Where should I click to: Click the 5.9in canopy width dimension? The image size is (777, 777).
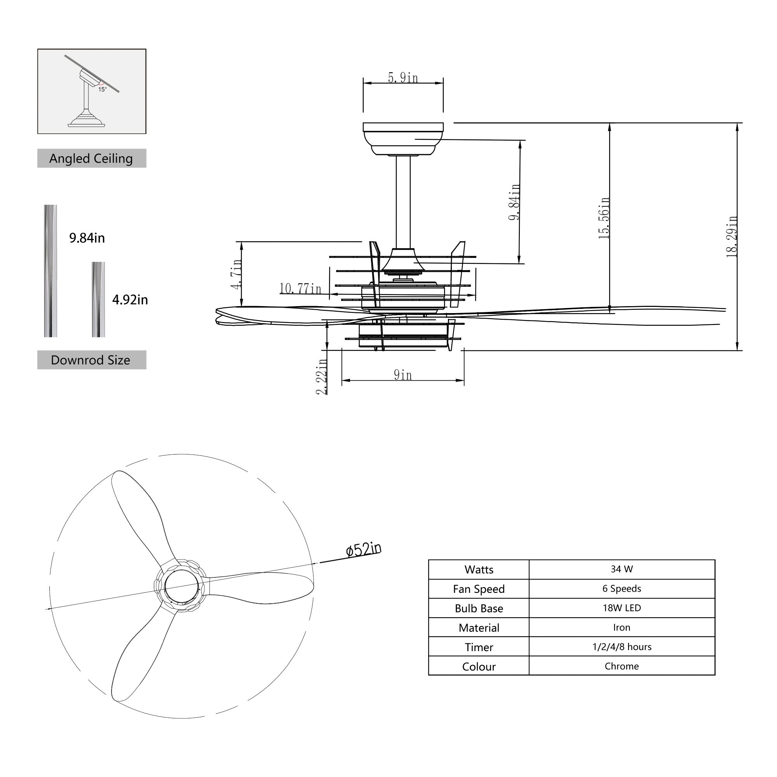tap(402, 78)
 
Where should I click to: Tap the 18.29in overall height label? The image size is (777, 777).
tap(732, 237)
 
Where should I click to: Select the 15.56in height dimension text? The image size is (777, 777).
tap(604, 218)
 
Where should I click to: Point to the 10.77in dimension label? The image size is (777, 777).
tap(300, 288)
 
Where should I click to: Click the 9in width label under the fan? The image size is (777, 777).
tap(402, 375)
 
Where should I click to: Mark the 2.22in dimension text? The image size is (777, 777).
tap(322, 376)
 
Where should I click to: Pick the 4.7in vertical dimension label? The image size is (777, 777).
tap(237, 274)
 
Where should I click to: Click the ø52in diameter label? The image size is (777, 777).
tap(363, 549)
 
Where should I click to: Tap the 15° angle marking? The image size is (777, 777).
tap(102, 89)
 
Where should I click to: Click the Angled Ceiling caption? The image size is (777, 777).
tap(91, 159)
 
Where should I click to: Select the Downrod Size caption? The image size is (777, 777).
tap(91, 360)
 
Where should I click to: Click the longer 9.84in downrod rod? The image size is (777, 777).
tap(51, 271)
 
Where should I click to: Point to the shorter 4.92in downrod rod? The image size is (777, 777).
tap(98, 299)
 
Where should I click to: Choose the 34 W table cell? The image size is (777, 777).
tap(621, 569)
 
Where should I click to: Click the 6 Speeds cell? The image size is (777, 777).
tap(621, 588)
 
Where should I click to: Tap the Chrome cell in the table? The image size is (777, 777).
tap(621, 666)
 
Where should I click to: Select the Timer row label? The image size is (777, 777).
tap(479, 647)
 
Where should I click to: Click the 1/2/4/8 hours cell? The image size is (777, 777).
tap(621, 647)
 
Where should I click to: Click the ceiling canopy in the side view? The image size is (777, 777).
tap(402, 139)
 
